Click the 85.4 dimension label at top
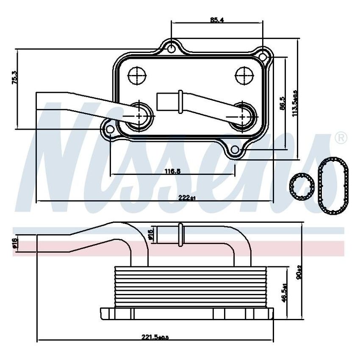[x=217, y=20]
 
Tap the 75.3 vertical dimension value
[x=16, y=78]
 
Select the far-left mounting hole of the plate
[x=110, y=130]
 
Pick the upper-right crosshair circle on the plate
[x=244, y=75]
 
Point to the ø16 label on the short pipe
[x=151, y=233]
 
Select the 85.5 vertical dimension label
[x=282, y=105]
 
